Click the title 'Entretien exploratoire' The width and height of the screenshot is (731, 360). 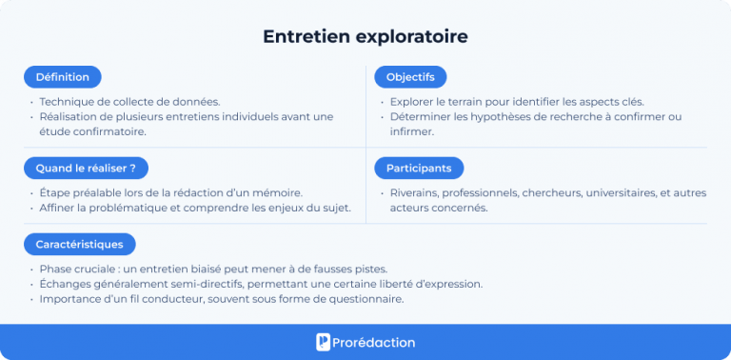click(x=365, y=36)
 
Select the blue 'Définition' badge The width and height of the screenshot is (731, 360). click(x=63, y=77)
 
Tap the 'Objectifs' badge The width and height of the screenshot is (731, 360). click(x=410, y=77)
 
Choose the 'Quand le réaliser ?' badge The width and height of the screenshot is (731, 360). click(x=85, y=168)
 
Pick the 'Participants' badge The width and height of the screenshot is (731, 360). click(x=419, y=168)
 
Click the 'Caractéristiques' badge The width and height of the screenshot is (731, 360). click(x=80, y=244)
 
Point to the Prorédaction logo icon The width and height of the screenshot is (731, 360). click(x=324, y=342)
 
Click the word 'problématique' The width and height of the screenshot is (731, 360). click(x=126, y=208)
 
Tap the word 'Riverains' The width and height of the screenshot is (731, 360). click(x=416, y=192)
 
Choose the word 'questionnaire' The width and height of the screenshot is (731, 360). click(x=365, y=299)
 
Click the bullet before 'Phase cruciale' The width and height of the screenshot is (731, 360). click(x=30, y=269)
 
